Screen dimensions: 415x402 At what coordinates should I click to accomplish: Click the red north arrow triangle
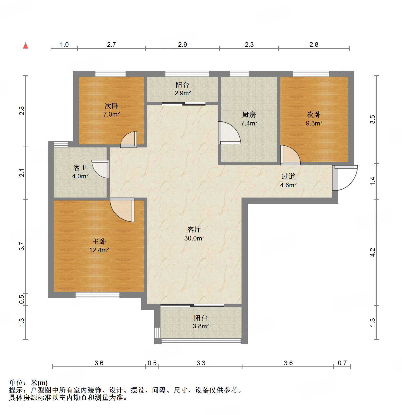26,46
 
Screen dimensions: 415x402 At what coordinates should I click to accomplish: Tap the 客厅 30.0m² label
194,234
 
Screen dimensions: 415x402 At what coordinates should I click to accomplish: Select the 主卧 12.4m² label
99,246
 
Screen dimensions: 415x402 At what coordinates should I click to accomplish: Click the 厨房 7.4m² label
249,119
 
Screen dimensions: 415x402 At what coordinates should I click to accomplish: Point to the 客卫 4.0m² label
80,172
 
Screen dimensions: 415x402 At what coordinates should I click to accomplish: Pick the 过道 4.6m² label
288,181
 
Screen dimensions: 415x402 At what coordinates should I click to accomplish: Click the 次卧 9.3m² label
314,119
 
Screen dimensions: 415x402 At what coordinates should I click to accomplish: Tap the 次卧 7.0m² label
111,110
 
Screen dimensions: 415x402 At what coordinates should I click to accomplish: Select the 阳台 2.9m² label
183,89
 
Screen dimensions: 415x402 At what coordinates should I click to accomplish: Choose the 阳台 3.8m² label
201,322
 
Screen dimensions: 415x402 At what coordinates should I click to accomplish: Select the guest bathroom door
101,169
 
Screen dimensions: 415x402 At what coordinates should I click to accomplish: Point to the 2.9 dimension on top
182,44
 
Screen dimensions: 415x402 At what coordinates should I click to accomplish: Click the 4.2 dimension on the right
373,252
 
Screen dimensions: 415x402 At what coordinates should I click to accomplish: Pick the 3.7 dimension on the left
22,246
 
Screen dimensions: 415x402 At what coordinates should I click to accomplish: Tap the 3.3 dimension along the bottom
201,363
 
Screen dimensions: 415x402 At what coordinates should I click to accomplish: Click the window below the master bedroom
97,295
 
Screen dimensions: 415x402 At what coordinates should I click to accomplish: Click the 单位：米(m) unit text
28,383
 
